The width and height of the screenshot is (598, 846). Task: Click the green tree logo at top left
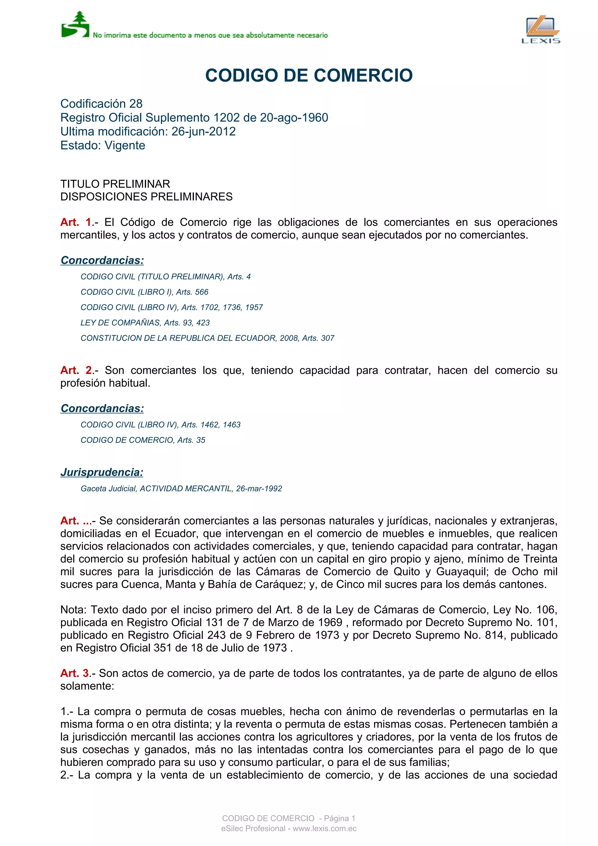75,25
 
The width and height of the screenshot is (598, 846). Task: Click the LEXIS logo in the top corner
540,29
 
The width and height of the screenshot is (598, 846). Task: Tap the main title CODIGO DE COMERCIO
309,76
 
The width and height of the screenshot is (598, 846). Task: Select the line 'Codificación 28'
101,104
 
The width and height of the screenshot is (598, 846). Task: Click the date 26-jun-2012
204,132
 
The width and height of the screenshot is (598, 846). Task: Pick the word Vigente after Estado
125,146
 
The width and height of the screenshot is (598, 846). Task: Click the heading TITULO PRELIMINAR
115,184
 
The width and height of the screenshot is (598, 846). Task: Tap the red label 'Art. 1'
76,222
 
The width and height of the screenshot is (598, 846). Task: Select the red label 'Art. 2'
76,370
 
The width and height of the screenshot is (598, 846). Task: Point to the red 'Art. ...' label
76,521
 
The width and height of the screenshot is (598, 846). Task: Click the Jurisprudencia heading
102,472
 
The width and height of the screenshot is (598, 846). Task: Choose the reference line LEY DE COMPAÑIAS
145,323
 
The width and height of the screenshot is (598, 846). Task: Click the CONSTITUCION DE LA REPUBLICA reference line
207,338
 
